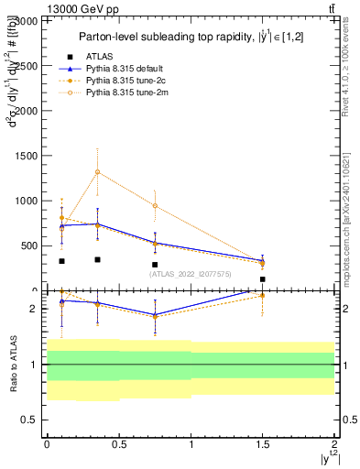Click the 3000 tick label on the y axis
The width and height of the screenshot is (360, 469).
point(27,20)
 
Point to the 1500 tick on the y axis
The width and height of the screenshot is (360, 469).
point(27,155)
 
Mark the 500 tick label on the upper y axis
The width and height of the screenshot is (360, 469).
point(30,245)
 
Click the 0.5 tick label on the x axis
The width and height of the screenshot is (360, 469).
point(118,442)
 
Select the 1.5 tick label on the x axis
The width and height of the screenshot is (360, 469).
point(263,442)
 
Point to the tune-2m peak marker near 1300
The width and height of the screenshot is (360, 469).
point(97,171)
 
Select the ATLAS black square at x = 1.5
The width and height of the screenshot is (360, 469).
point(263,279)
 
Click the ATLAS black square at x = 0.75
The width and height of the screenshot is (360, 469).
point(155,265)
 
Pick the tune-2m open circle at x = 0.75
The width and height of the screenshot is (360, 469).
point(155,205)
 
